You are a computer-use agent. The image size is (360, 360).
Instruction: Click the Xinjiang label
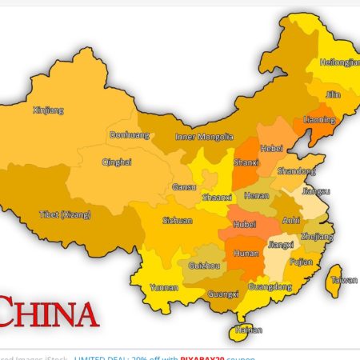coord(48,110)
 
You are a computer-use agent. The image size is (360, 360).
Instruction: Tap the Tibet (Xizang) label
coord(66,214)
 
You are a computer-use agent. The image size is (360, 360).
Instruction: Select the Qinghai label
coord(117,162)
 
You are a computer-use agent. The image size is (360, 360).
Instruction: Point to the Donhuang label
coord(129,135)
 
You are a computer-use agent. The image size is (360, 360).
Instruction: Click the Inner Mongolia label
coord(204,137)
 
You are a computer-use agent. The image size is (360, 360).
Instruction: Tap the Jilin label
coord(332,94)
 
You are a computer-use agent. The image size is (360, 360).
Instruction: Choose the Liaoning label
coord(319,120)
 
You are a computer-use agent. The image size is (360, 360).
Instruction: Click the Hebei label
coord(272,148)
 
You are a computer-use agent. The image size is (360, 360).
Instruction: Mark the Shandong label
coord(295,170)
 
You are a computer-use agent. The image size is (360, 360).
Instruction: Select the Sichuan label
coord(178,220)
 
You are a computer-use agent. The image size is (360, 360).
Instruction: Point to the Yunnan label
coord(164,286)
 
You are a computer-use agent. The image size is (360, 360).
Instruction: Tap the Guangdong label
coord(270,286)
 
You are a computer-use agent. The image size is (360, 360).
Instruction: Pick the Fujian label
coord(301,262)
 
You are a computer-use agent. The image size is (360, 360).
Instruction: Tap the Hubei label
coord(245,225)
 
